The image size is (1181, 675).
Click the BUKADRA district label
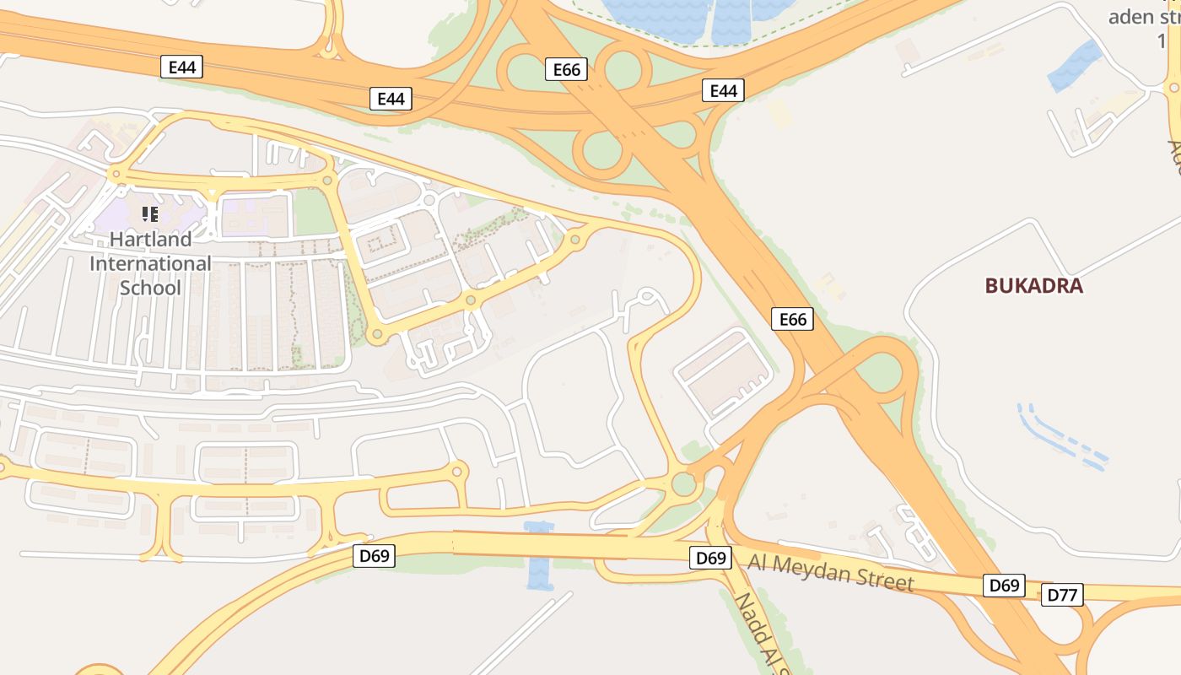tap(1033, 285)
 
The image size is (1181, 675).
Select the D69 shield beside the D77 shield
tap(1004, 586)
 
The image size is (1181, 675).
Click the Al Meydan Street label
tap(830, 572)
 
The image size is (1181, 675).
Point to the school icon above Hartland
tap(150, 214)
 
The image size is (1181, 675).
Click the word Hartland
tap(150, 239)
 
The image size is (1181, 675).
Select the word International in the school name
tap(150, 263)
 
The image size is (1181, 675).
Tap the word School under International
tap(150, 288)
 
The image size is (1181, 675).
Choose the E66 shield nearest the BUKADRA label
tap(792, 319)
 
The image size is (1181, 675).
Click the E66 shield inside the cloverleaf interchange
tap(567, 69)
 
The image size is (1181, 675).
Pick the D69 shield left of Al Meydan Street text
tap(710, 558)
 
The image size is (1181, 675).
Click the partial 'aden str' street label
tap(1143, 17)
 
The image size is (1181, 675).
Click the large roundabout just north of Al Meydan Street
tap(683, 484)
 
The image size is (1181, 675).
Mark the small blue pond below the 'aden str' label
tap(1076, 66)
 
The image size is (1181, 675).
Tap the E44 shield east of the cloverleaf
tap(723, 90)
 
